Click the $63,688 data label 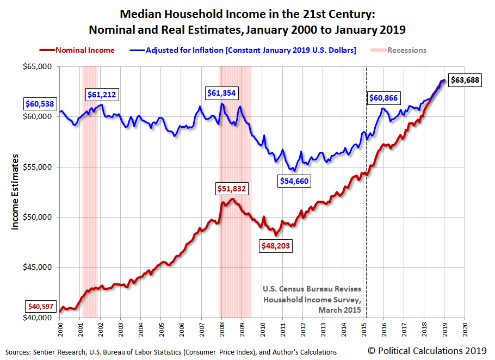[465, 80]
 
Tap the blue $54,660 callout [294, 181]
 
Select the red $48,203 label [276, 246]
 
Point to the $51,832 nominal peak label [231, 189]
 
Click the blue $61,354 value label [221, 93]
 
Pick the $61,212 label [102, 94]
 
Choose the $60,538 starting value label [40, 104]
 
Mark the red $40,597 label [41, 306]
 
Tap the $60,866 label [383, 98]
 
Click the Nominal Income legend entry [77, 50]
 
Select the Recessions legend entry [399, 50]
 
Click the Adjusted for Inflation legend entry [243, 50]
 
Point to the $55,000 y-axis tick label [37, 167]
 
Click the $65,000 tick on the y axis [37, 66]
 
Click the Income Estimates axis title [15, 192]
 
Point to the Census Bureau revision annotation [312, 300]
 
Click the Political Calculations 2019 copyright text [427, 351]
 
